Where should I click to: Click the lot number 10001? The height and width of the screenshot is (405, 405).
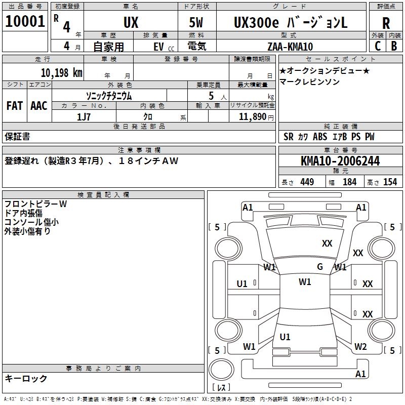tap(24, 22)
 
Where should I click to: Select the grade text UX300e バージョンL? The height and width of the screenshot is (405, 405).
tap(291, 22)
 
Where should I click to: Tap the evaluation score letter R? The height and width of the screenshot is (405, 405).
tap(386, 23)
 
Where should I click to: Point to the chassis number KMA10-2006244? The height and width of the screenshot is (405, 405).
tap(340, 161)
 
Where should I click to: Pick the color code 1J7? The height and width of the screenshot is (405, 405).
tap(84, 117)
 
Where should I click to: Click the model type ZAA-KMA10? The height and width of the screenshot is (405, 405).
tap(290, 47)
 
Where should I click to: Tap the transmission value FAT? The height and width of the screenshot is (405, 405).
tap(15, 106)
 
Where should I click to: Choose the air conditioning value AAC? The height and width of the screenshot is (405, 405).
tap(39, 106)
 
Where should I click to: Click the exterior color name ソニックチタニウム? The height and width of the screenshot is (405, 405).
tap(109, 95)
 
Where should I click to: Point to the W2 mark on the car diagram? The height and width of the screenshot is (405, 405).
tap(360, 347)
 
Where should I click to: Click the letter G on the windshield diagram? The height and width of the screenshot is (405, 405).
tap(320, 267)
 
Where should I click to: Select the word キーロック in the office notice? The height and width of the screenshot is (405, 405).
tap(26, 378)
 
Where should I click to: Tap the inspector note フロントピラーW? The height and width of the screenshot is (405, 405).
tap(35, 204)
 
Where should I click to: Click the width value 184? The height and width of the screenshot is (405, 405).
tap(349, 182)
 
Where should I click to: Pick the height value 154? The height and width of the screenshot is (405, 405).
tap(390, 182)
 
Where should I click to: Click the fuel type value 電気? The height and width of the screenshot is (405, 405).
tap(196, 47)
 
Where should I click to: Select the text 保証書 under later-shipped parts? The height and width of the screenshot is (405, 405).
tap(17, 136)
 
